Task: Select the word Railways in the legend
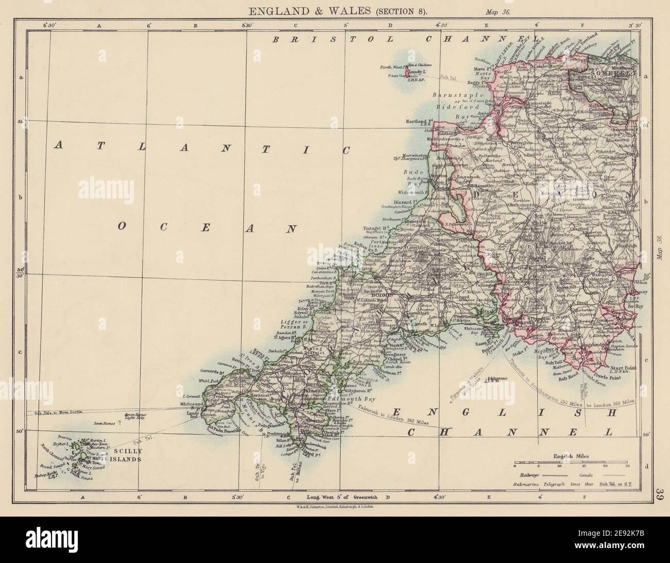[525, 474]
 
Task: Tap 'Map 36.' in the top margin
[497, 11]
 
